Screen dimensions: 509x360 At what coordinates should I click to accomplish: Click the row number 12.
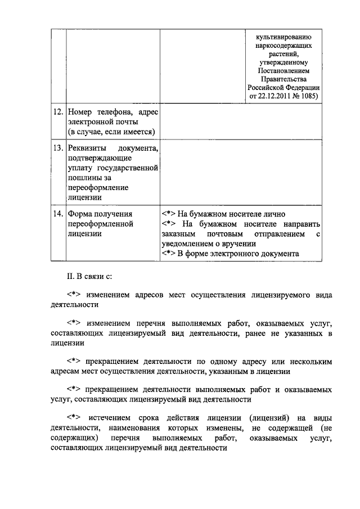(x=57, y=113)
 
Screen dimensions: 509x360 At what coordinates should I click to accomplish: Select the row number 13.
(x=57, y=148)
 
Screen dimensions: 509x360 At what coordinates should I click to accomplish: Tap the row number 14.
(x=57, y=214)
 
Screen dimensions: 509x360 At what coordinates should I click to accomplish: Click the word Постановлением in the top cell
(x=283, y=70)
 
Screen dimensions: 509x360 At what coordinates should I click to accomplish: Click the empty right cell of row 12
(x=241, y=123)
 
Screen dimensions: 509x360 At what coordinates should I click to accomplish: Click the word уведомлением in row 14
(x=184, y=244)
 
